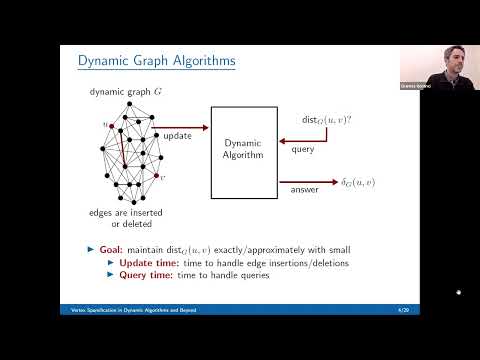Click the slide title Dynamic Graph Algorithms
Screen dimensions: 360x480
click(x=157, y=63)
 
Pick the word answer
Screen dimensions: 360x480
click(x=305, y=190)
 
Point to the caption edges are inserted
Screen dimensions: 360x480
click(x=121, y=212)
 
